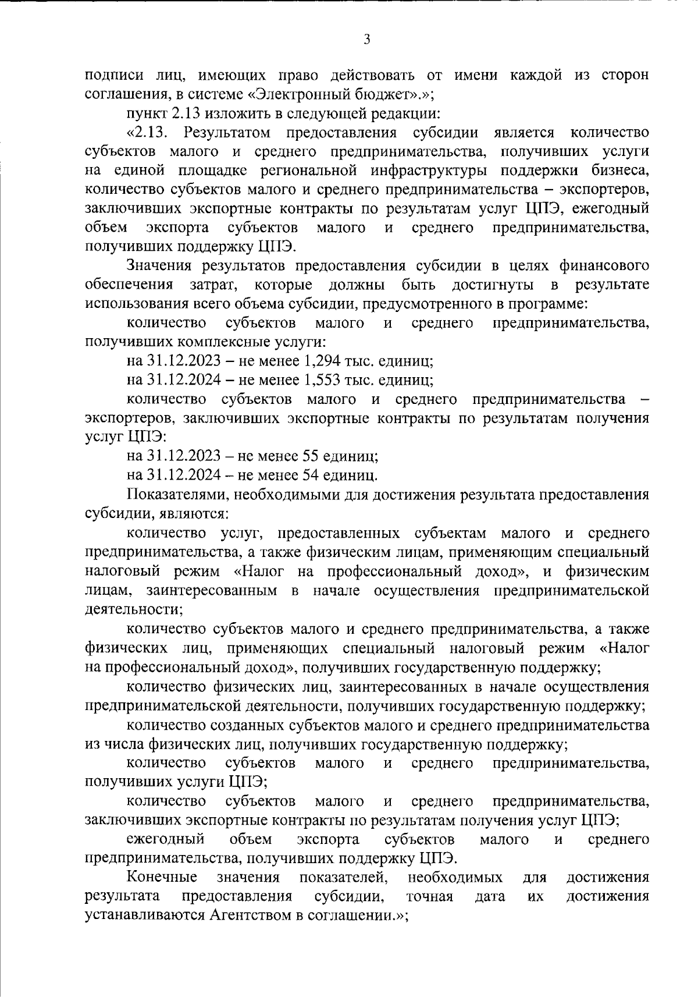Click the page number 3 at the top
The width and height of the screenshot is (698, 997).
tap(366, 40)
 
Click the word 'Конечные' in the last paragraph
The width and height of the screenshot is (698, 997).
tap(162, 877)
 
